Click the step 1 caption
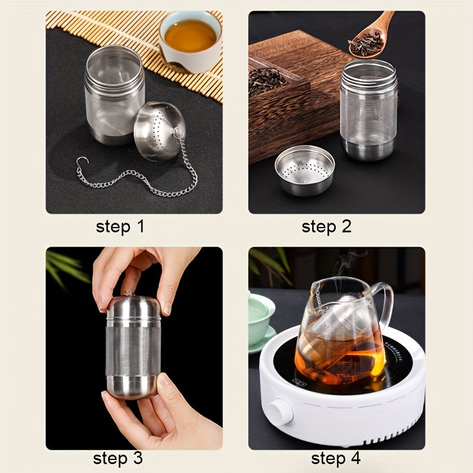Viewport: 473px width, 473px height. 120,227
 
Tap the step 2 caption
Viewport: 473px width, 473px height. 326,226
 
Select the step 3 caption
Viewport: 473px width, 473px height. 118,459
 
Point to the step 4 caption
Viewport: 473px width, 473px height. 336,459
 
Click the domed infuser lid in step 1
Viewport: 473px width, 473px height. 159,130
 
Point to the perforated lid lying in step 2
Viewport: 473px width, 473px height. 304,170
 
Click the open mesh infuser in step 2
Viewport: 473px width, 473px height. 368,109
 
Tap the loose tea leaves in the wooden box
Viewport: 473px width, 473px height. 267,80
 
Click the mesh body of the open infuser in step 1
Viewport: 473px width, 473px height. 114,96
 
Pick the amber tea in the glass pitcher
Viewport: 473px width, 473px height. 341,359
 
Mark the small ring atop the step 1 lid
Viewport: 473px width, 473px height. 178,132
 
